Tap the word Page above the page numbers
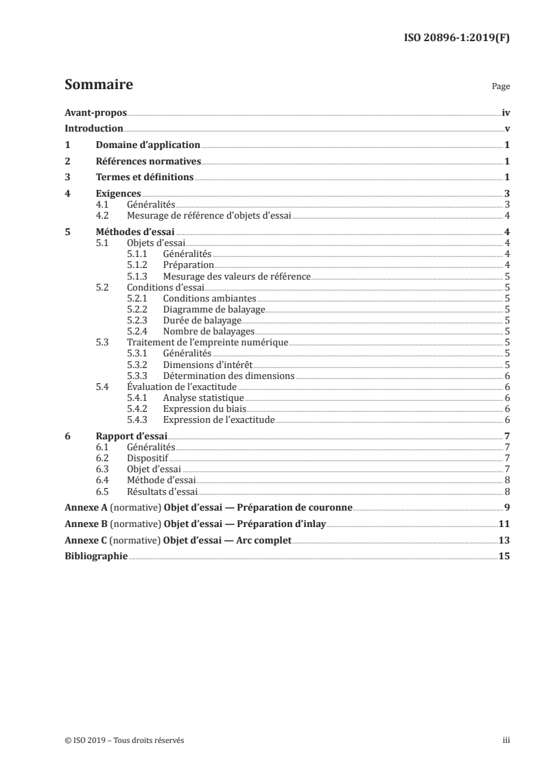(501, 87)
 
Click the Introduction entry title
(93, 129)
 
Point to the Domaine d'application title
(147, 145)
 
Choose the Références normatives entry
(147, 162)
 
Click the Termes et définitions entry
(145, 178)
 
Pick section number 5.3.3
(138, 376)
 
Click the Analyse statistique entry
(203, 398)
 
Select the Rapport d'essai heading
(132, 435)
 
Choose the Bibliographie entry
(96, 557)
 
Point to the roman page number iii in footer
(506, 740)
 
